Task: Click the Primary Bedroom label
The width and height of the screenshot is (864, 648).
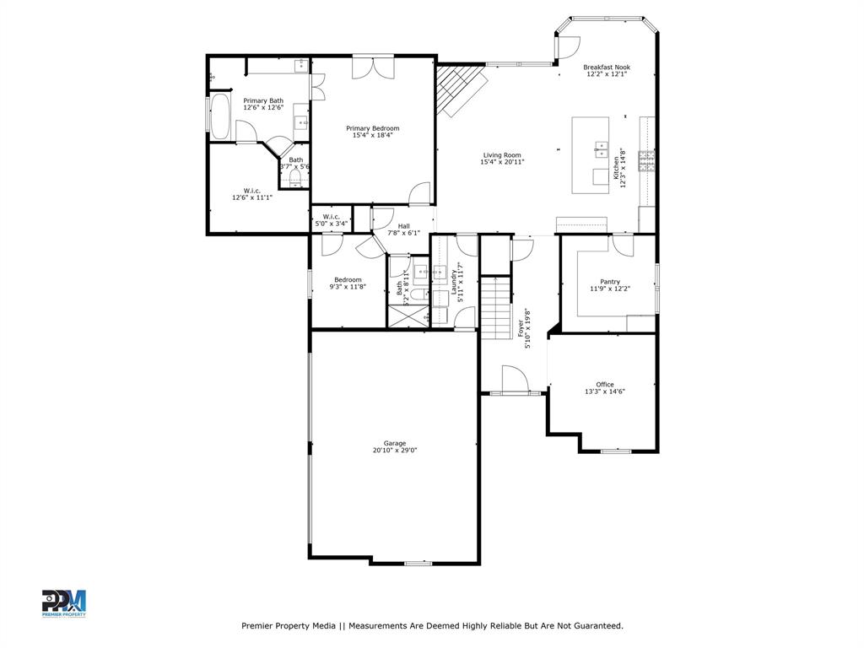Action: pyautogui.click(x=372, y=128)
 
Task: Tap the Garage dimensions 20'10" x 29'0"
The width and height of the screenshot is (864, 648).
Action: pyautogui.click(x=395, y=451)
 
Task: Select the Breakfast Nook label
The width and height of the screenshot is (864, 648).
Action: pyautogui.click(x=607, y=67)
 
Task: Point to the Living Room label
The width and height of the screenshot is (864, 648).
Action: pyautogui.click(x=502, y=155)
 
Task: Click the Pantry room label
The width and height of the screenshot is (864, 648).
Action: pyautogui.click(x=610, y=282)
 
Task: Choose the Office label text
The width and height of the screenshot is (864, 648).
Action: pyautogui.click(x=605, y=385)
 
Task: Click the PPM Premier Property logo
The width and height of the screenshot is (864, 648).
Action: pyautogui.click(x=64, y=603)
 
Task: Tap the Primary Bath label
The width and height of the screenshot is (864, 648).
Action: pyautogui.click(x=263, y=101)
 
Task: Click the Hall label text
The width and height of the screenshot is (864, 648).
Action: pyautogui.click(x=403, y=226)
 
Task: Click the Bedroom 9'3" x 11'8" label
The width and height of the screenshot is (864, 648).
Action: pyautogui.click(x=348, y=280)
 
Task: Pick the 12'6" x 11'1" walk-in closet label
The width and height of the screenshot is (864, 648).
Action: pyautogui.click(x=252, y=191)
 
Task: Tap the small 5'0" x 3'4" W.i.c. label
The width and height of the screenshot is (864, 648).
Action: pyautogui.click(x=331, y=217)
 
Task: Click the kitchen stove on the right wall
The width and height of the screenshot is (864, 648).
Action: pyautogui.click(x=647, y=160)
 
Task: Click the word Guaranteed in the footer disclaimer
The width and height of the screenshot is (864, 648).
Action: pyautogui.click(x=595, y=626)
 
